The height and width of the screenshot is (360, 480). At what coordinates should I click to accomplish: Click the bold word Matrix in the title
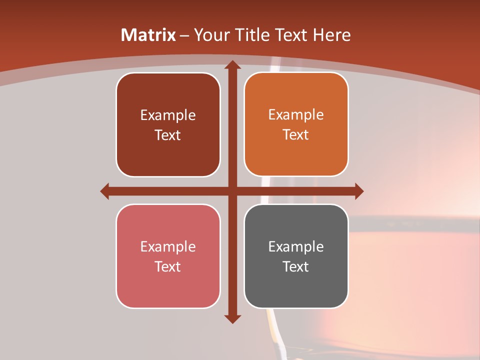(148, 35)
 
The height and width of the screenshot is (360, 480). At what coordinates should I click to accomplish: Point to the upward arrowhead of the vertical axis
(232, 65)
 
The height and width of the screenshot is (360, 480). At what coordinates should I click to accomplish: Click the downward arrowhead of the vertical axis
(232, 318)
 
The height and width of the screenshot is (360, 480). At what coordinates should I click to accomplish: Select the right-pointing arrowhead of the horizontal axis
(358, 191)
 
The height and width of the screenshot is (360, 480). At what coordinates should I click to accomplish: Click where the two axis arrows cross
(232, 191)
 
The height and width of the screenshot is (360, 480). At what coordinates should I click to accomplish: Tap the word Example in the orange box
(296, 114)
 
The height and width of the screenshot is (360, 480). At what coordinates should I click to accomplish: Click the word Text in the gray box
(296, 266)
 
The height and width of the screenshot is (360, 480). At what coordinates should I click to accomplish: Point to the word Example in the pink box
(168, 246)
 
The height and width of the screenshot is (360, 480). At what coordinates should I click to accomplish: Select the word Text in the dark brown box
(168, 135)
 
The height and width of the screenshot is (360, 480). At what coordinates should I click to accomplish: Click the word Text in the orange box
(296, 134)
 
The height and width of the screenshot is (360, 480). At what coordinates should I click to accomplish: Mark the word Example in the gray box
(296, 246)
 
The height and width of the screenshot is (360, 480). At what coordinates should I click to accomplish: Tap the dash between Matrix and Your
(184, 36)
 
